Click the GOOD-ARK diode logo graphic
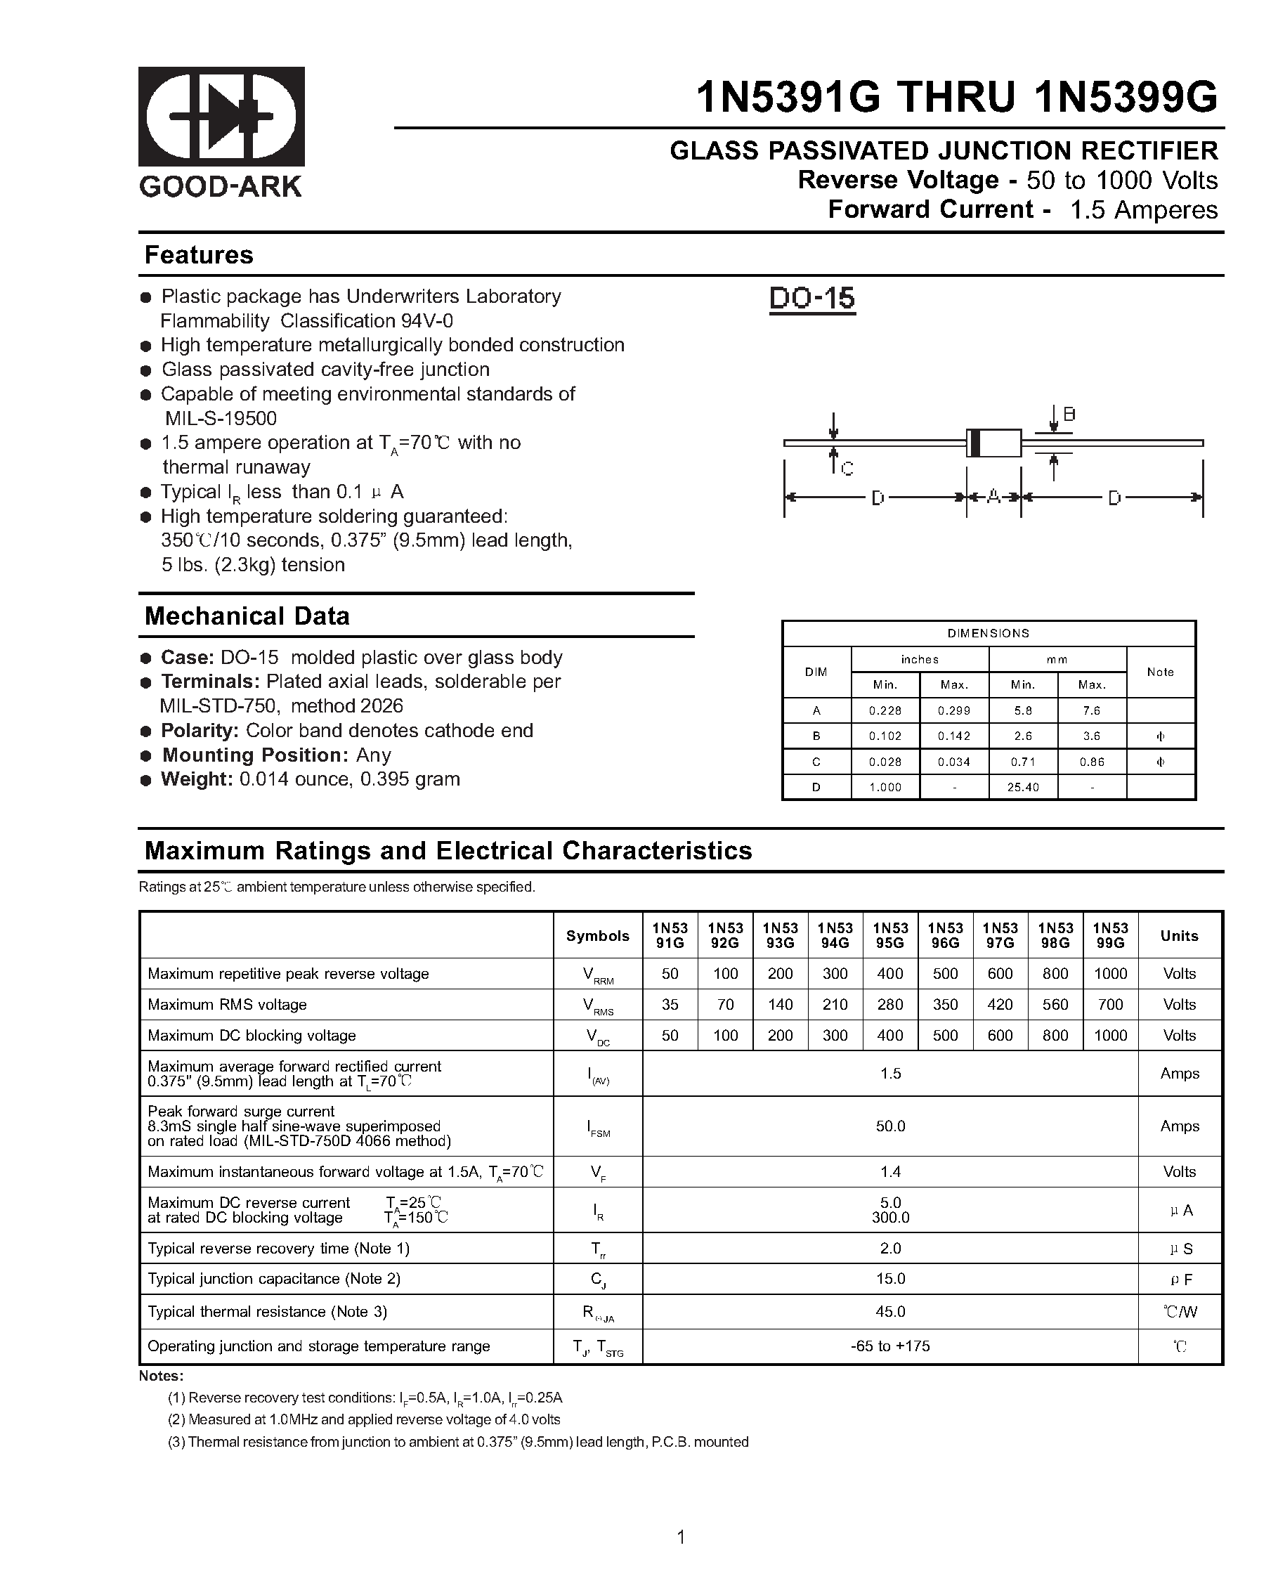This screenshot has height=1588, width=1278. [221, 117]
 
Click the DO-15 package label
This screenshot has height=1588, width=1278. [811, 299]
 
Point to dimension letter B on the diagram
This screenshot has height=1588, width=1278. [1069, 414]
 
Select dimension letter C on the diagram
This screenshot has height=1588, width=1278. [847, 469]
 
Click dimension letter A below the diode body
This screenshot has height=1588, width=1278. [993, 497]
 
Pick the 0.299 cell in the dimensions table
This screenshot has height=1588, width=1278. [954, 711]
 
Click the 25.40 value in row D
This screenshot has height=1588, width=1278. [1023, 788]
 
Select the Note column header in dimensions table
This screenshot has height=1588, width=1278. [1160, 672]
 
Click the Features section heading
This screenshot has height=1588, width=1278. [199, 255]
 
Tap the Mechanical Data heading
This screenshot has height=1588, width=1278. [247, 616]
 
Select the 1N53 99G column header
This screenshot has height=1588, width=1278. [1110, 935]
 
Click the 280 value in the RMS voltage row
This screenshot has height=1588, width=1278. [889, 1005]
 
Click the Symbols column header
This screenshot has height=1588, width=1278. [597, 936]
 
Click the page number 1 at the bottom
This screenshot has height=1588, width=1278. [681, 1537]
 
